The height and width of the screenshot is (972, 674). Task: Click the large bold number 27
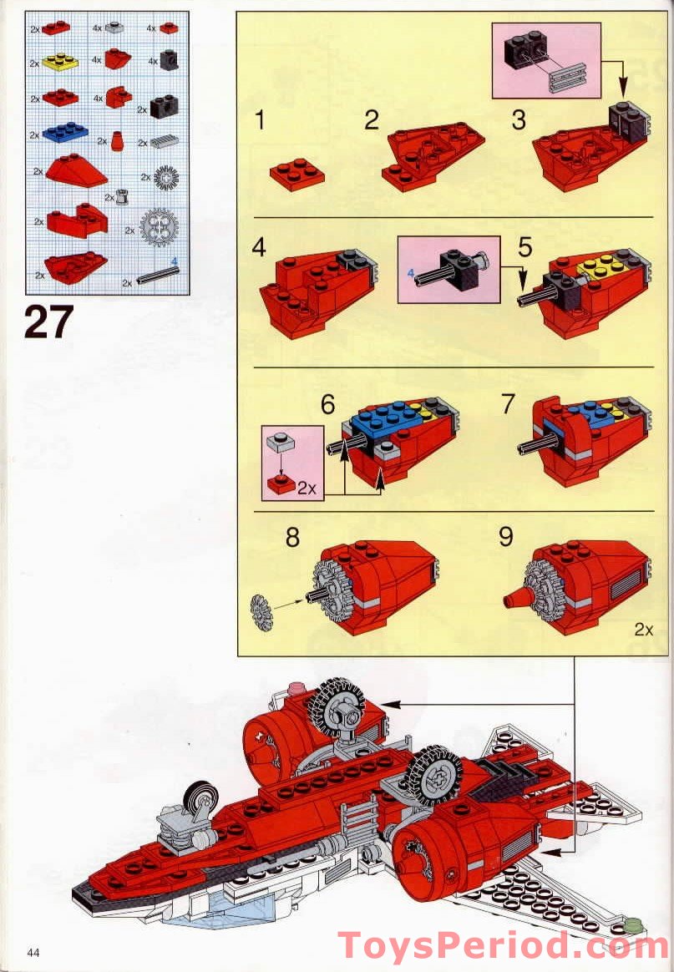point(48,321)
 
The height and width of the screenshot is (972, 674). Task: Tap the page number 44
point(34,953)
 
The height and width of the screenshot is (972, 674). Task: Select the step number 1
point(261,121)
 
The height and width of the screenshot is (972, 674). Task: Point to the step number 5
point(525,247)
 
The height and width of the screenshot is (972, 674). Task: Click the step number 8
point(292,536)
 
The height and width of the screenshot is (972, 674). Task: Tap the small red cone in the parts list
point(117,140)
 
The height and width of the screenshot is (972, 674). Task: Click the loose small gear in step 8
point(261,612)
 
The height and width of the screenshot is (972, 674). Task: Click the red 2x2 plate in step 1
point(296,175)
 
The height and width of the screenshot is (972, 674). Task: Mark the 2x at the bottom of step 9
point(642,630)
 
